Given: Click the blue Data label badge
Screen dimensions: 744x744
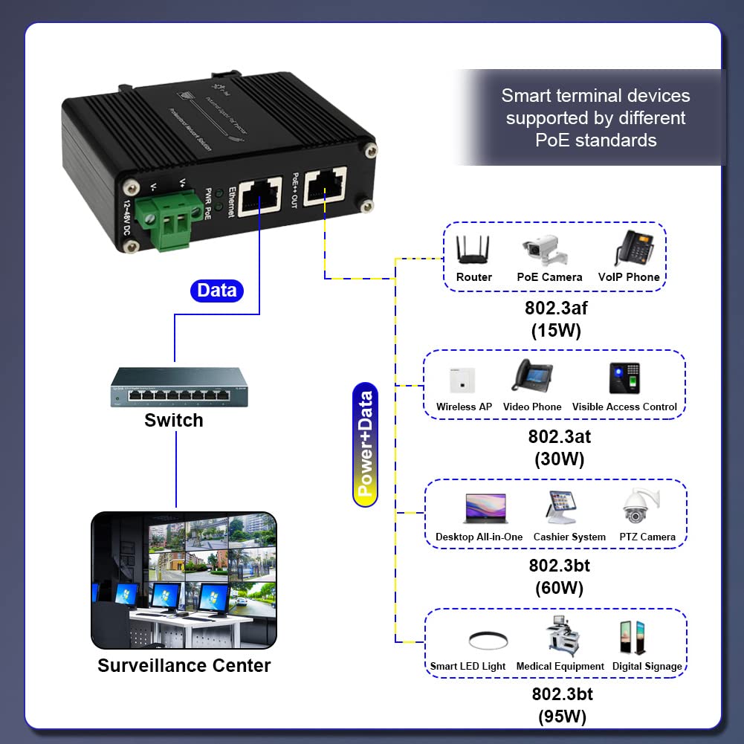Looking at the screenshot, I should tap(217, 291).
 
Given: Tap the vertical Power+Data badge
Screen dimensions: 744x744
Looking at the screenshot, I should tap(365, 444).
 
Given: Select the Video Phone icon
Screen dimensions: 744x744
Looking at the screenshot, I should tap(531, 375).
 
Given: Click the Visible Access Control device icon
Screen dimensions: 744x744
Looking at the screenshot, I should tap(624, 378).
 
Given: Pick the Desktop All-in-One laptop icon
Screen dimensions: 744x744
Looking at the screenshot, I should tap(485, 509).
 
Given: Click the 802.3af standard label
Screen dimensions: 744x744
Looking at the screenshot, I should tap(557, 308).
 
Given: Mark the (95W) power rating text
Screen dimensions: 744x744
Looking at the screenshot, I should tap(562, 717).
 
